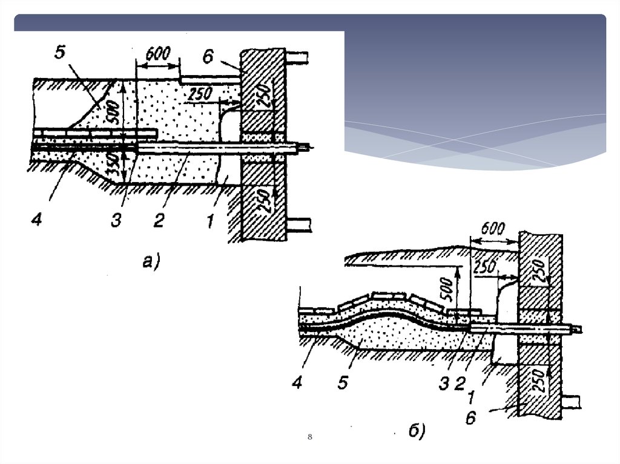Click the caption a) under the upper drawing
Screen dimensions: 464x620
150,261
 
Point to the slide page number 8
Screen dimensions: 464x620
309,436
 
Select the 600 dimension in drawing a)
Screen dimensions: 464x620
157,53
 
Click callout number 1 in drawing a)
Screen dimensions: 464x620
208,221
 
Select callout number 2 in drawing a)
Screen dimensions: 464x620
158,221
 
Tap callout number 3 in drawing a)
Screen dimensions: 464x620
116,221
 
